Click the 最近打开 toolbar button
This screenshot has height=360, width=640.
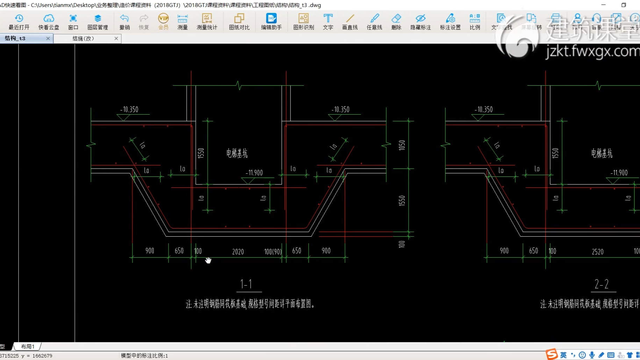click(x=19, y=22)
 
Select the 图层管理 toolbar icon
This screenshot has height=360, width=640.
click(x=98, y=22)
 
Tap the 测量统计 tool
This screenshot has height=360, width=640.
click(x=207, y=22)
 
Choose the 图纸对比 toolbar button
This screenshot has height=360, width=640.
click(x=239, y=22)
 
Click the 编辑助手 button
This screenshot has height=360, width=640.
click(x=271, y=22)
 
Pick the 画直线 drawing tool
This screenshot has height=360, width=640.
click(x=350, y=22)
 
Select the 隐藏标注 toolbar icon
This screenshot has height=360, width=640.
click(x=420, y=22)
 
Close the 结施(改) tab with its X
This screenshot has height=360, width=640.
click(x=116, y=38)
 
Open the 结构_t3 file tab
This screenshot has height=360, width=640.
click(x=16, y=38)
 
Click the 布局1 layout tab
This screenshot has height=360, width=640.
click(x=28, y=346)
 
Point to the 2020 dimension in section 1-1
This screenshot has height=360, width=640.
click(x=238, y=252)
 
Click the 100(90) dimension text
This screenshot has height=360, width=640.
click(x=273, y=252)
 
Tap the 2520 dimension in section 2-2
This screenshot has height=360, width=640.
click(x=598, y=252)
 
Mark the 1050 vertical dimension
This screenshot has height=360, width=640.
click(x=402, y=145)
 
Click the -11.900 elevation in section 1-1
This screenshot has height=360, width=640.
click(x=254, y=173)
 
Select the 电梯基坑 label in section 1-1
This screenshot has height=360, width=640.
click(x=237, y=153)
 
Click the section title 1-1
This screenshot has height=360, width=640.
click(x=246, y=284)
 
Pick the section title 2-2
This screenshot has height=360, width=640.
click(x=602, y=284)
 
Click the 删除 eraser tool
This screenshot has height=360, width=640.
click(x=396, y=22)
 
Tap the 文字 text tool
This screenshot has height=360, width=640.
click(x=328, y=22)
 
